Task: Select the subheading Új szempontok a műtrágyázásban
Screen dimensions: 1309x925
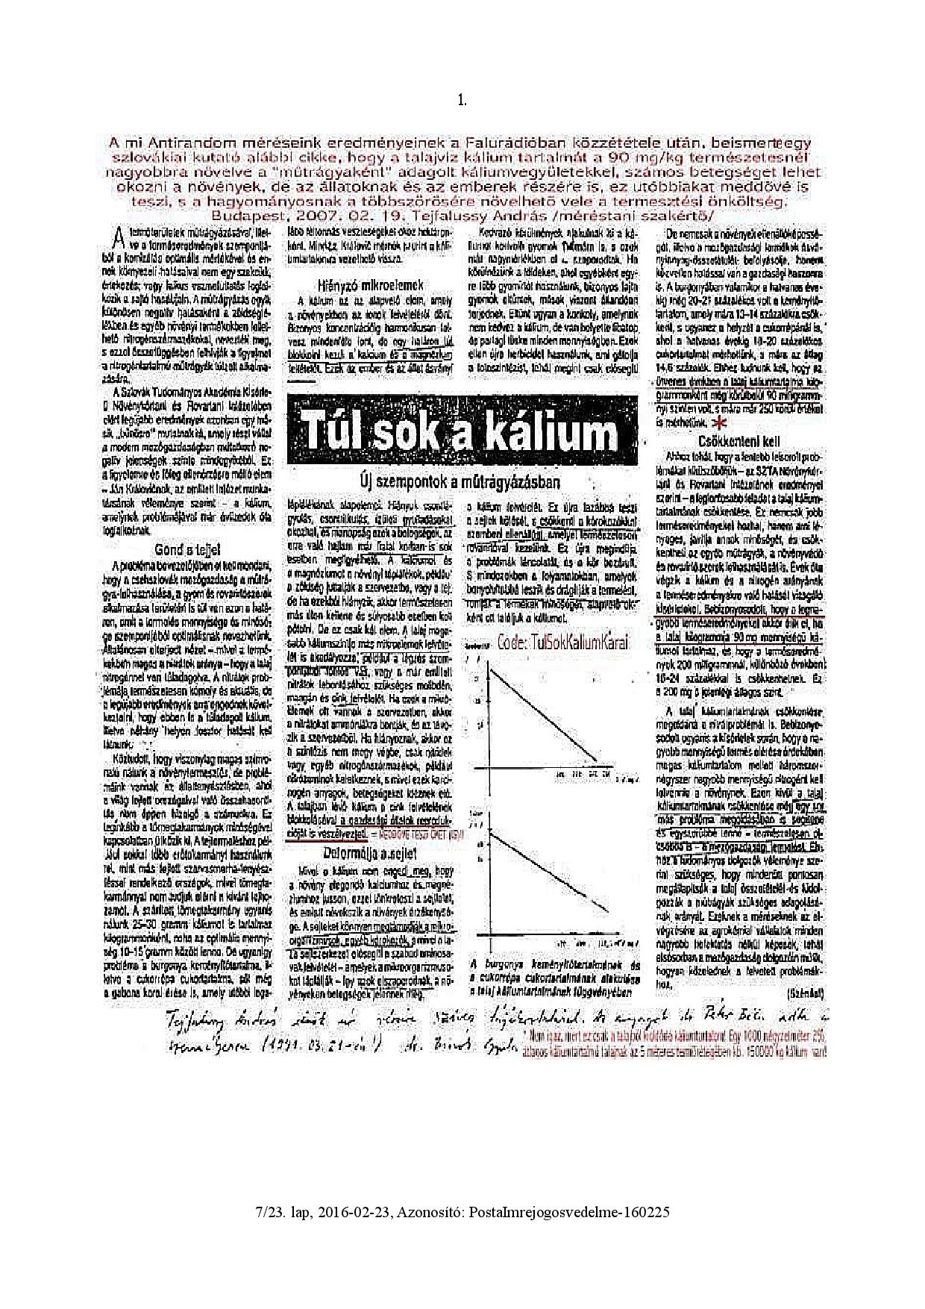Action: click(460, 481)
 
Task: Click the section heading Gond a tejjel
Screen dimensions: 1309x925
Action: click(186, 549)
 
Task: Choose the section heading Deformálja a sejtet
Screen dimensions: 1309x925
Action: click(369, 853)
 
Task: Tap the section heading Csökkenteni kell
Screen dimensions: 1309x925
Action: click(739, 441)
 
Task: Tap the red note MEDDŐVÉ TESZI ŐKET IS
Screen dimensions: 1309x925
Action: click(422, 834)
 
